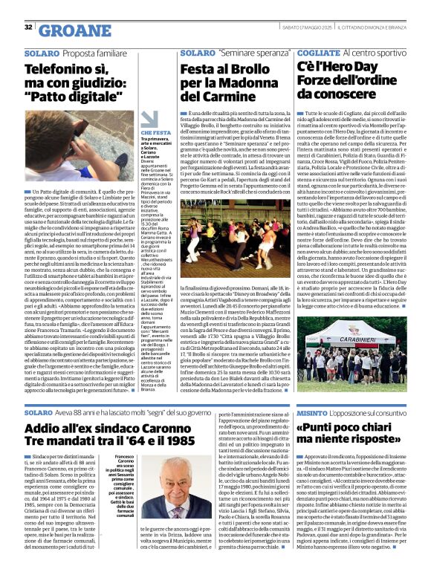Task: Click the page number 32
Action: click(28, 27)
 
